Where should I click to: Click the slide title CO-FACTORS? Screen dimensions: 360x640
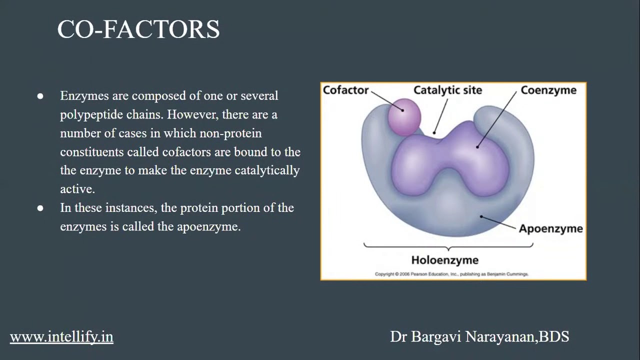point(138,29)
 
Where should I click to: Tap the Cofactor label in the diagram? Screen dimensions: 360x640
point(345,90)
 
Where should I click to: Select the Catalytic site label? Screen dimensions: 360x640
point(447,90)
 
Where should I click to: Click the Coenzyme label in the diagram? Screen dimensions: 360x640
point(548,90)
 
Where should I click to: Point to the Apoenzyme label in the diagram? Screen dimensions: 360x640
point(550,228)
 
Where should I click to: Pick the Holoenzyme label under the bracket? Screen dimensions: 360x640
point(444,260)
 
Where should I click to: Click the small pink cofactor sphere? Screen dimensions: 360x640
point(404,116)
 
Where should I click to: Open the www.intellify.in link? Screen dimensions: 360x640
point(61,336)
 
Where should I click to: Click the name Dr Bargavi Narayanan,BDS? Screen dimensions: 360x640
point(479,336)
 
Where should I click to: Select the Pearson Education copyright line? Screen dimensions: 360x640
point(451,274)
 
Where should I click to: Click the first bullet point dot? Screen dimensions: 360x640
point(40,96)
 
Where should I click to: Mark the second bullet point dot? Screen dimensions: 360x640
point(40,208)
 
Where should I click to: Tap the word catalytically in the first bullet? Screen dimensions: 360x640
point(267,170)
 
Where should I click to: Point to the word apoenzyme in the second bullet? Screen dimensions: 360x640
point(208,226)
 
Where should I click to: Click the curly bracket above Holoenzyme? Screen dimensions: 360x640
point(448,246)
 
